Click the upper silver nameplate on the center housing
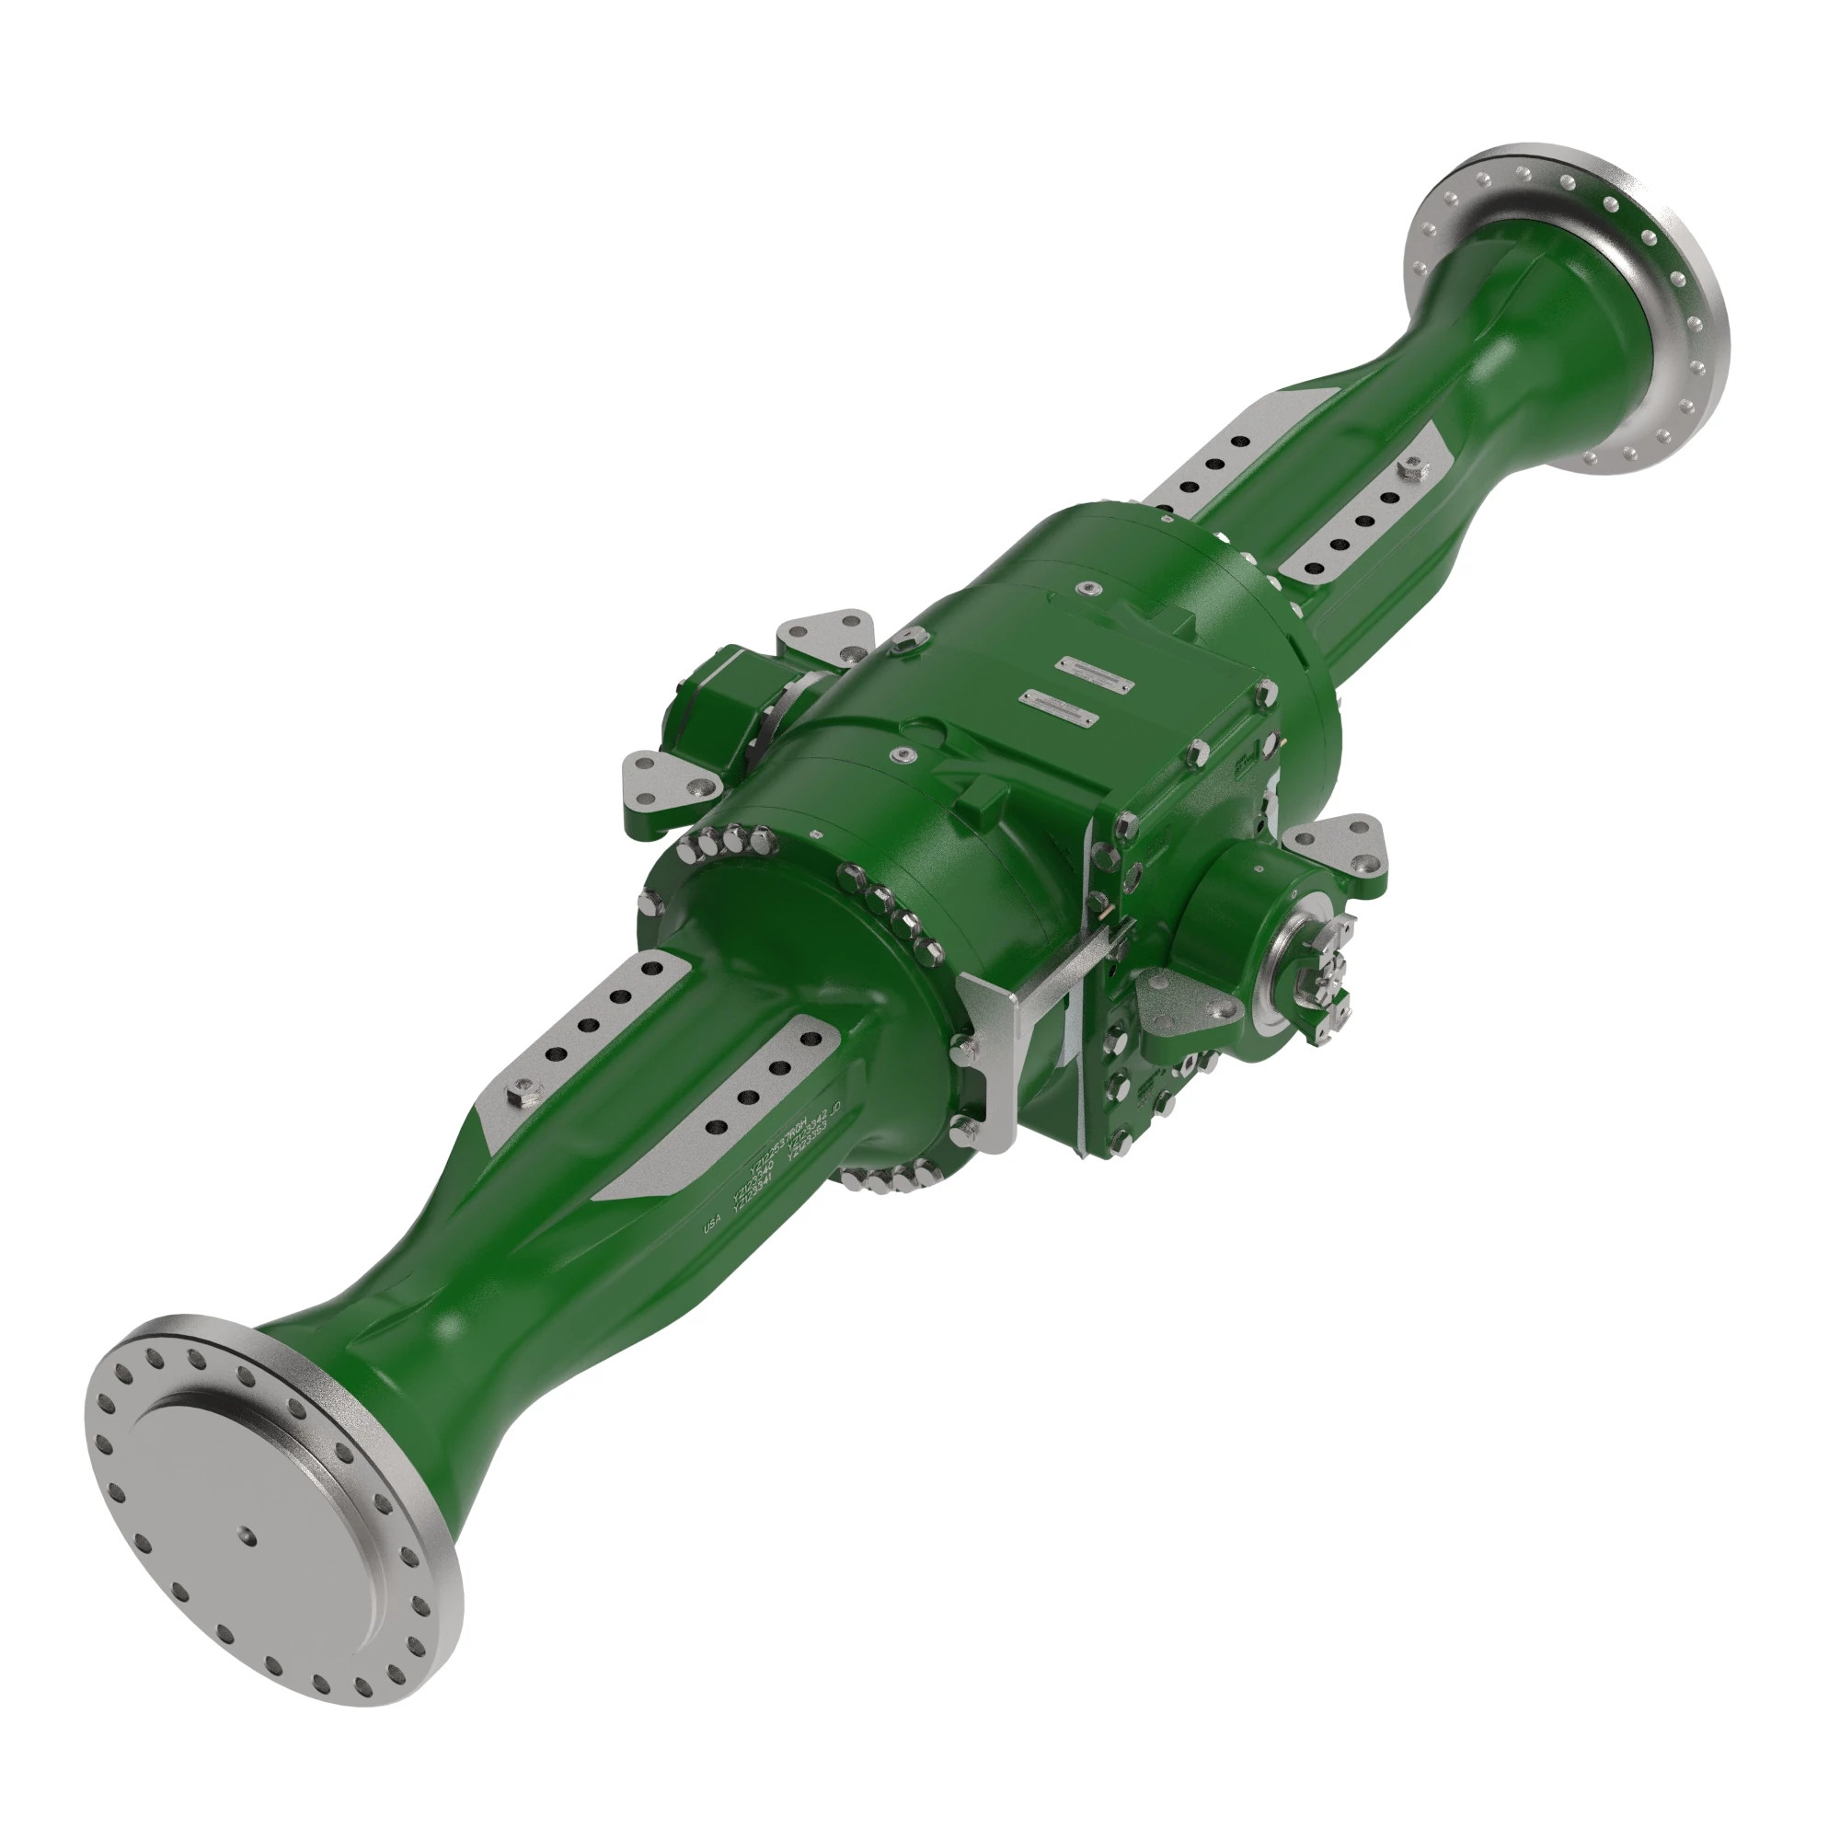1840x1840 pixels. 1092,666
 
